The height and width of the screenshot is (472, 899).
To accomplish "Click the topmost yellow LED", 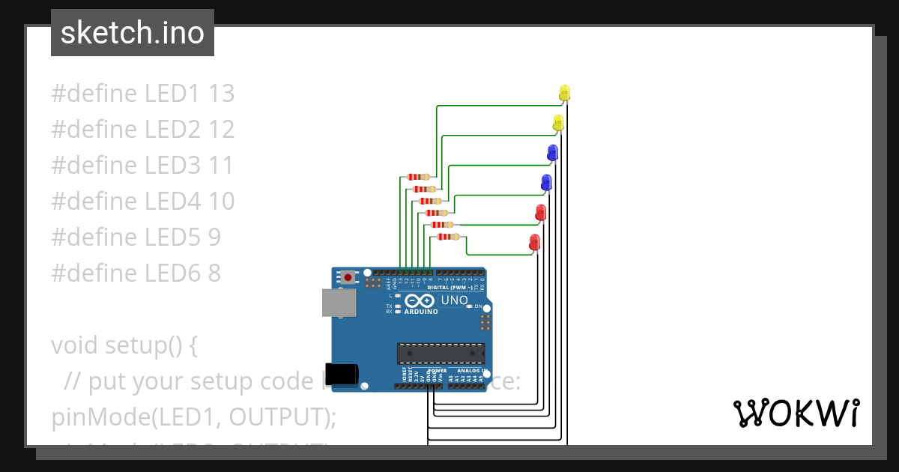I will coord(565,93).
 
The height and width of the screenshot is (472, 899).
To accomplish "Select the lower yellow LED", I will coord(558,123).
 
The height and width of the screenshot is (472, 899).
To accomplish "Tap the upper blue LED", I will coord(553,153).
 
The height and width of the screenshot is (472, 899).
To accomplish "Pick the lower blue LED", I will coord(546,182).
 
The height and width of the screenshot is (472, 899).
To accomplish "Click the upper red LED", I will coord(541,212).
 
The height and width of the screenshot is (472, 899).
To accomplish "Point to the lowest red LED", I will coord(534,242).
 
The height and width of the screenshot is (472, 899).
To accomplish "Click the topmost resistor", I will coord(417,177).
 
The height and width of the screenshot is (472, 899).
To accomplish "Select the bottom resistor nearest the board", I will coord(448,237).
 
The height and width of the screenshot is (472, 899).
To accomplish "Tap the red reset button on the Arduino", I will coord(348,277).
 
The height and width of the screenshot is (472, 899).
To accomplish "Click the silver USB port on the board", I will coord(338,302).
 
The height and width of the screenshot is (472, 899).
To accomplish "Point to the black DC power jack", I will coord(345,372).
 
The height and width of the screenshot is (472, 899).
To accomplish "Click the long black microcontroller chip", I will coord(441,353).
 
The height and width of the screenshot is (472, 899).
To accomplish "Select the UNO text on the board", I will coord(454,300).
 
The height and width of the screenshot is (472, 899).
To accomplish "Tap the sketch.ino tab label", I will coord(133,33).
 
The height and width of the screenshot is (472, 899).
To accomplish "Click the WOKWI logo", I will coord(796,413).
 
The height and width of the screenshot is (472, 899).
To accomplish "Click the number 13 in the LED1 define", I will coord(222,94).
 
